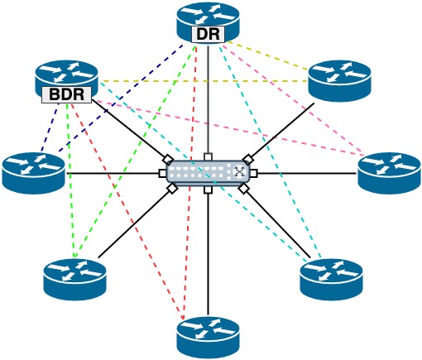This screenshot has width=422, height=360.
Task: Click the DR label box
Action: [208, 34]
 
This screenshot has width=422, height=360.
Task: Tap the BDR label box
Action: [66, 94]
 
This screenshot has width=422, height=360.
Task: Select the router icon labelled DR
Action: [208, 22]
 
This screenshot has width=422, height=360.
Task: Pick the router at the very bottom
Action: [208, 337]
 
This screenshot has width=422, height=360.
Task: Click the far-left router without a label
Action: [33, 173]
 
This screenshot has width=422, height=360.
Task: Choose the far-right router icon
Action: [390, 173]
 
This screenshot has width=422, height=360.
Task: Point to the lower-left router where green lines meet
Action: [74, 280]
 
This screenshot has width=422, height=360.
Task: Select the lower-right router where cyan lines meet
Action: [332, 280]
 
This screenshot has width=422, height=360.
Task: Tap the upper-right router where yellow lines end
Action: [339, 81]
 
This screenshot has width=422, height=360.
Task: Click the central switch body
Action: [209, 173]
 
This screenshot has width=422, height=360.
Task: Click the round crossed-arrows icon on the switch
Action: [239, 172]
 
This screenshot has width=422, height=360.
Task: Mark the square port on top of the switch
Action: [208, 156]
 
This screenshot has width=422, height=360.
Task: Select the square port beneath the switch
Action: [208, 190]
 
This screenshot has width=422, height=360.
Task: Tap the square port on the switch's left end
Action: [163, 173]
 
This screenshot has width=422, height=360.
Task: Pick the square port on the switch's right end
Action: [254, 173]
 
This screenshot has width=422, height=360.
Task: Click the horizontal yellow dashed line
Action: [204, 81]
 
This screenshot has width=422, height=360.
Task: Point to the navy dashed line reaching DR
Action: [121, 98]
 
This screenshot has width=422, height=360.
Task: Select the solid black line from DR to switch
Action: [209, 100]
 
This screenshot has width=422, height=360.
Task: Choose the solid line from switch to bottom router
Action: [209, 254]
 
